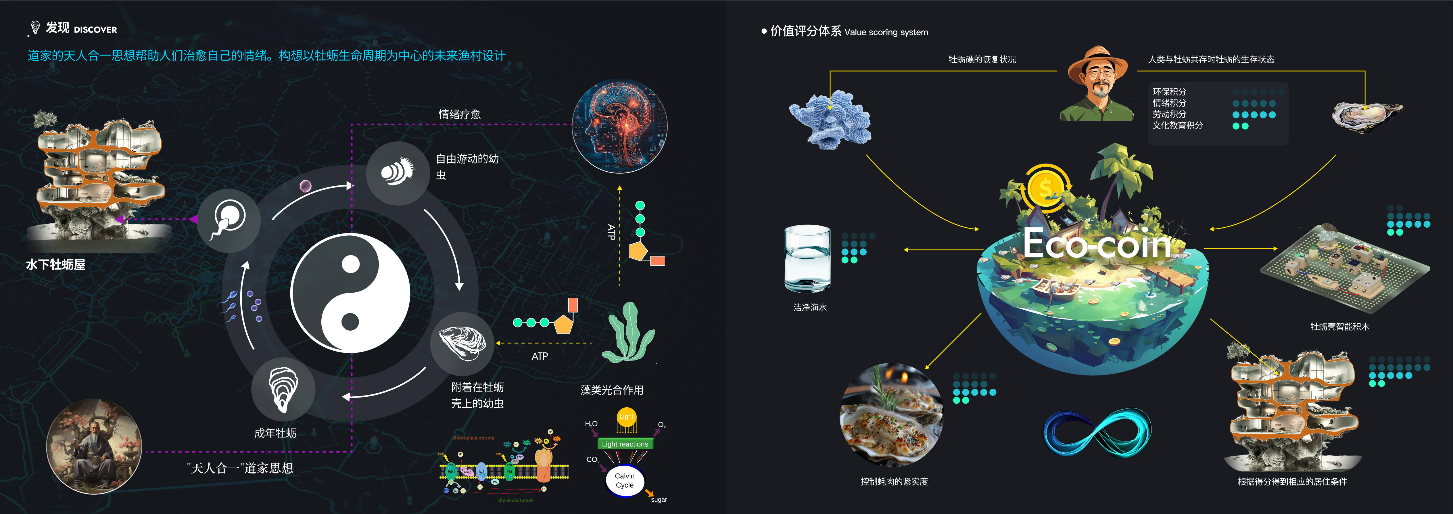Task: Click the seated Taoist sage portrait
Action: [x=94, y=446]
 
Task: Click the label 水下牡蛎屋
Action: [x=55, y=264]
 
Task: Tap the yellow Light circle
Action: [x=626, y=417]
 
